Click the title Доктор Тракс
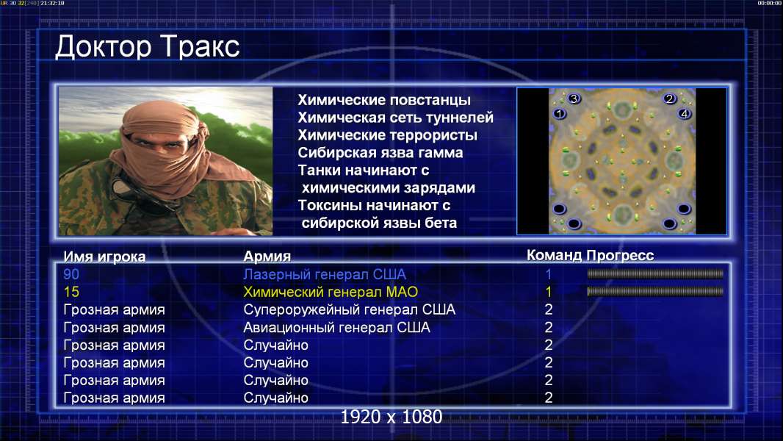tap(148, 47)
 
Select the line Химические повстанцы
tap(384, 100)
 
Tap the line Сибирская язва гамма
tap(380, 152)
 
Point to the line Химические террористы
tap(388, 135)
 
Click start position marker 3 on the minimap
tap(574, 98)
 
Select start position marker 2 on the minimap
tap(670, 98)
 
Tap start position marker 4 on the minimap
tap(685, 113)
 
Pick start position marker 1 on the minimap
tap(559, 113)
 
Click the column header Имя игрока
tap(104, 257)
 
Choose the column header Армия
tap(267, 257)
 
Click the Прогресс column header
tap(620, 255)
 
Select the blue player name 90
tap(71, 274)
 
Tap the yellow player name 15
tap(71, 292)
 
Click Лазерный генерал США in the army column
tap(325, 274)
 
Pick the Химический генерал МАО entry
tap(331, 292)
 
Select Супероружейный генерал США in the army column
tap(349, 309)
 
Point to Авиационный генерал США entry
tap(336, 328)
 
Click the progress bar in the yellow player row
tap(655, 291)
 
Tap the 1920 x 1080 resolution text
tap(391, 417)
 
